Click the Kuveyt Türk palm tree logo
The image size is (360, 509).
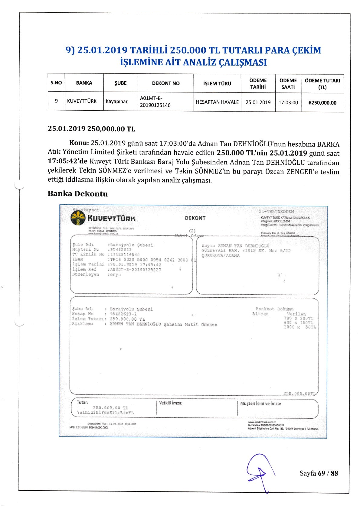(x=78, y=218)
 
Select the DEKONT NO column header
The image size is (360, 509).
(x=165, y=83)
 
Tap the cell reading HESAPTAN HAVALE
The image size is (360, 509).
(x=217, y=102)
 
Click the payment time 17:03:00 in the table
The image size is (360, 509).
(x=288, y=102)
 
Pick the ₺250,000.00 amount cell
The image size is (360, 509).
(x=322, y=103)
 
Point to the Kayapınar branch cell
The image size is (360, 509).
(x=117, y=101)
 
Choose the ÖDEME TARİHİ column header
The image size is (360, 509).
(x=258, y=84)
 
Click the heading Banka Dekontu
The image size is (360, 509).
(x=78, y=194)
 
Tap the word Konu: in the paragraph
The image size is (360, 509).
(x=79, y=143)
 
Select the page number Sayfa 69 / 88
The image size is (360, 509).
(x=319, y=473)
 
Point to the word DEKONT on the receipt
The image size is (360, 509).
(x=195, y=218)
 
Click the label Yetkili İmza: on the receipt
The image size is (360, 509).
(x=171, y=403)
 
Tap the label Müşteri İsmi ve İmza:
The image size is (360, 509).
(x=260, y=403)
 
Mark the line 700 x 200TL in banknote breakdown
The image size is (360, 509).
(x=298, y=318)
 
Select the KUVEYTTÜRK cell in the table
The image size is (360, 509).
(x=82, y=101)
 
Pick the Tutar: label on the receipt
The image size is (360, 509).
(x=82, y=402)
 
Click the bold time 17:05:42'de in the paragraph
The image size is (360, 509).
(x=68, y=161)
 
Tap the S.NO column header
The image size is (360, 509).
(x=56, y=83)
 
